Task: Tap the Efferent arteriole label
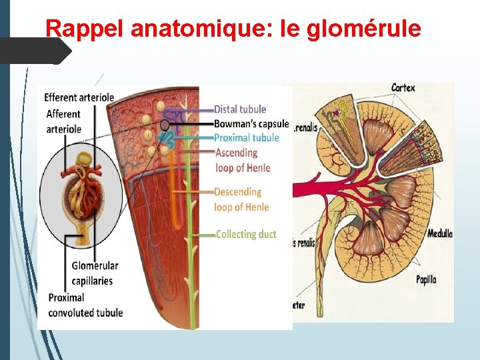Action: [x=79, y=97]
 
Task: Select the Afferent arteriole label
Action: [x=63, y=121]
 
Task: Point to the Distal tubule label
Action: [x=240, y=109]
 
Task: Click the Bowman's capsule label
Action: [x=251, y=123]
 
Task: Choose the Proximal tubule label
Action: [x=246, y=138]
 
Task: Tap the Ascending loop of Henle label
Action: [x=241, y=160]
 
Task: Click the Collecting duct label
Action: [x=246, y=234]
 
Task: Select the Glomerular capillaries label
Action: [x=95, y=273]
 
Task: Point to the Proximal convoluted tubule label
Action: [x=85, y=305]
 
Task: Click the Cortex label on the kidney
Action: [x=403, y=87]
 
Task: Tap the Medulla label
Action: [x=439, y=233]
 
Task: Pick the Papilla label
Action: [x=425, y=279]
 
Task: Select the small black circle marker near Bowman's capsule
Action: [x=164, y=125]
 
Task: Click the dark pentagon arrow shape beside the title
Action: [x=37, y=51]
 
